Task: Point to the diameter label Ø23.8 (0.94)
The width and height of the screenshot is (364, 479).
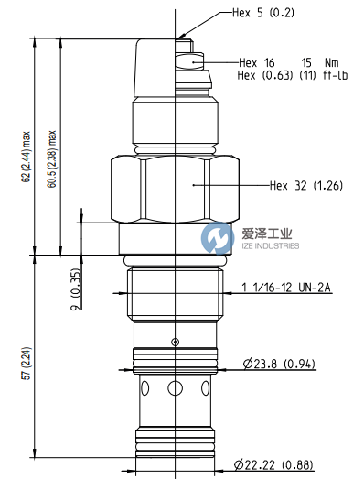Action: [x=279, y=365]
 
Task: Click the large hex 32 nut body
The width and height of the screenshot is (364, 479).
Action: [x=174, y=191]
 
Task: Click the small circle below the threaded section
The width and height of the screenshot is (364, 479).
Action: [x=175, y=342]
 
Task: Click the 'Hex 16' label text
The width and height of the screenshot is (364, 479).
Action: [x=256, y=62]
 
